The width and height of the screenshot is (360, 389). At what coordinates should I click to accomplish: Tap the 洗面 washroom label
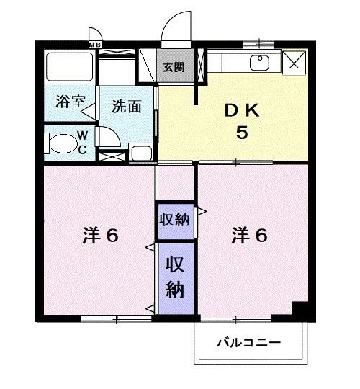pos(125,106)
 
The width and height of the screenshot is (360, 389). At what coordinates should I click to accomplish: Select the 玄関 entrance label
pos(172,67)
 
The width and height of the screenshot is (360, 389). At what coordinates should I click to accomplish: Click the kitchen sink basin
pos(259,63)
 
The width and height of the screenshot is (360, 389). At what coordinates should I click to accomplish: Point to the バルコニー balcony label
pos(249,343)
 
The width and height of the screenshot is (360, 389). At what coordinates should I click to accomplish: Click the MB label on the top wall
pos(95,45)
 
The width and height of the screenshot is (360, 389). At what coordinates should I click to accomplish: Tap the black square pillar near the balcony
pos(300,309)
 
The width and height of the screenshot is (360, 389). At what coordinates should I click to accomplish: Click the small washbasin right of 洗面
pos(141,152)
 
